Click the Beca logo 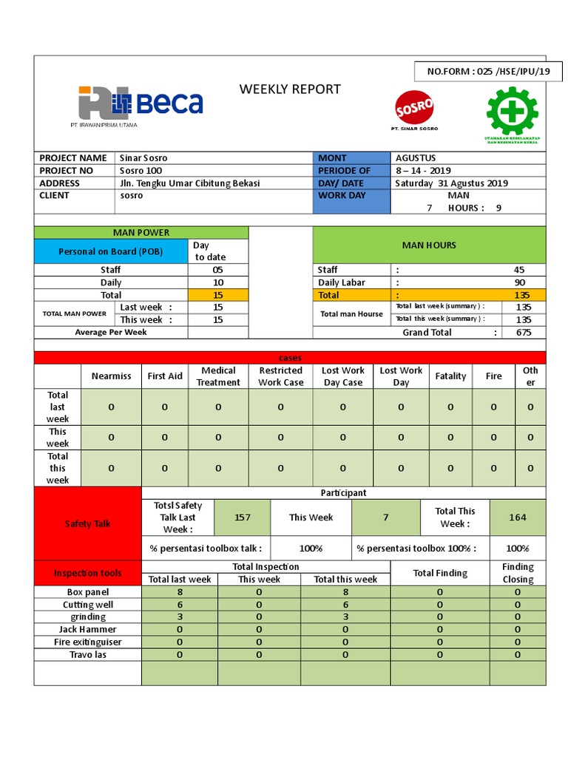141,103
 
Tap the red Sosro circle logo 414,107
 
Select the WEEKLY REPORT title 290,89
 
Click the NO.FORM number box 488,72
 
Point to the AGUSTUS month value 416,157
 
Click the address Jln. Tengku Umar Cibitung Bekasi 189,183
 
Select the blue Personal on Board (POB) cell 112,251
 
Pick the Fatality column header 450,376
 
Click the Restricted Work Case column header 280,376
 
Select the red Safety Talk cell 87,523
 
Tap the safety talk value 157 242,517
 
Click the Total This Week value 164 518,517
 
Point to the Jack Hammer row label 87,629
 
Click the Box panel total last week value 180,592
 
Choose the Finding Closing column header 518,573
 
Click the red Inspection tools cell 87,573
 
